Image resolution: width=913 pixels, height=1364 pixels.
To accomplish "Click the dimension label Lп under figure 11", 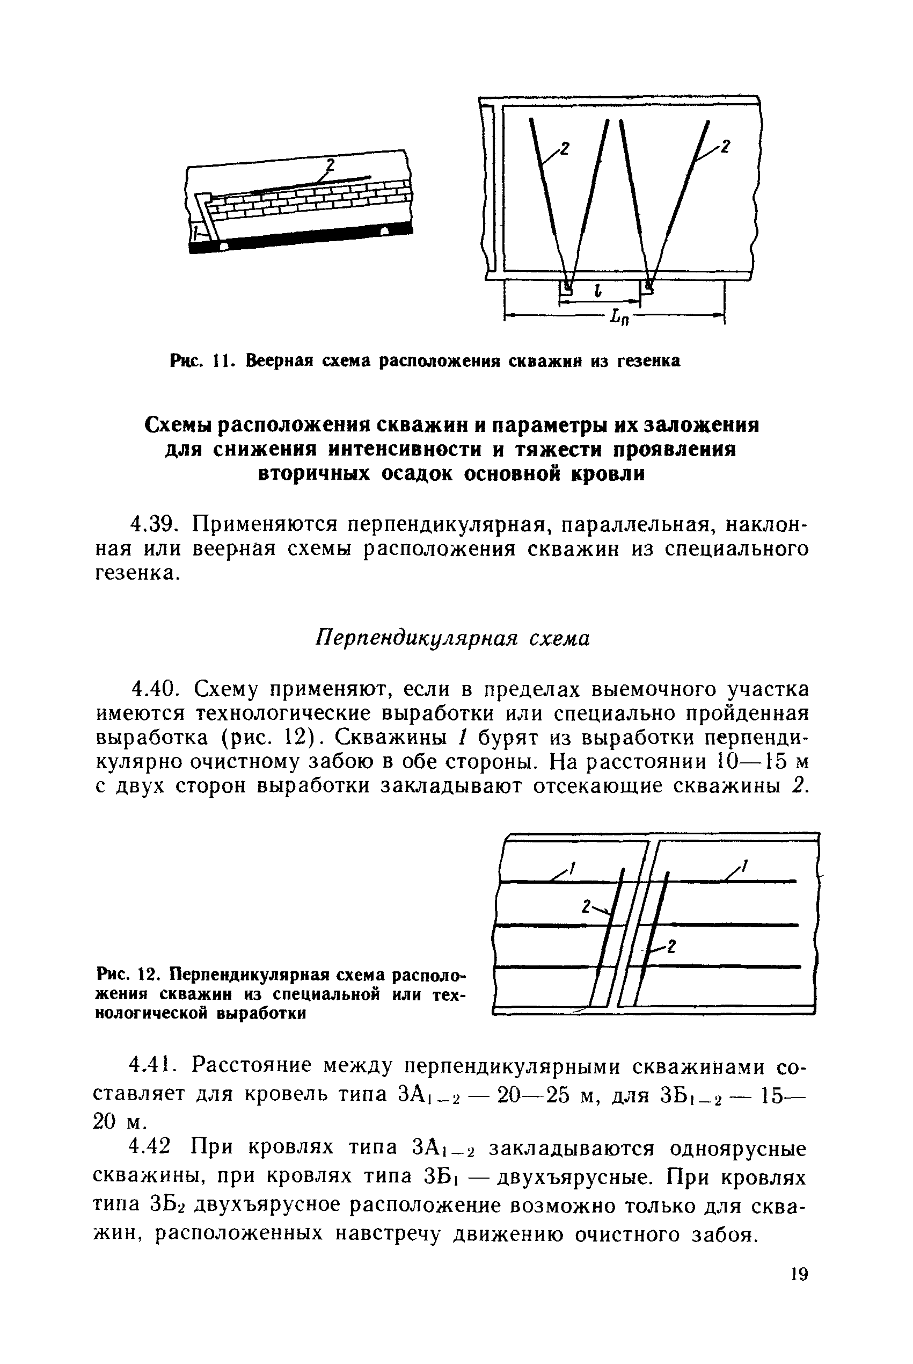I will point(618,318).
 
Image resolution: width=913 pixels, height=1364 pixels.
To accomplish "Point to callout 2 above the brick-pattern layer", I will point(330,166).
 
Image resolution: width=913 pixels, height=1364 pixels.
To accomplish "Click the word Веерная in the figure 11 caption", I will point(279,362).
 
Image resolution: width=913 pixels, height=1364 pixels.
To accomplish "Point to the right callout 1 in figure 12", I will point(744,866).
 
